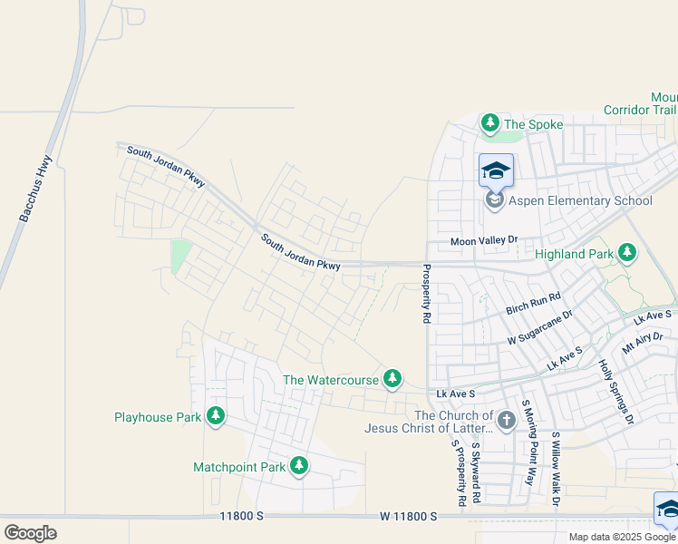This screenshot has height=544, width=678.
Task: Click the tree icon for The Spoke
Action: coord(490,122)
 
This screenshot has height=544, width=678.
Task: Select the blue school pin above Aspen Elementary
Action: coord(496,170)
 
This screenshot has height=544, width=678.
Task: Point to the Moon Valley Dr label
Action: coord(484,241)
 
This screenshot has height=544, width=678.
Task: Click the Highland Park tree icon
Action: coord(626,253)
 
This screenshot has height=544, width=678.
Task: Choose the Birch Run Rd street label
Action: coord(534,303)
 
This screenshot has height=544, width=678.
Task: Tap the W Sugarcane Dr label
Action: coord(540,327)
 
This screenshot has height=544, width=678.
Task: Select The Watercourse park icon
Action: coord(392,379)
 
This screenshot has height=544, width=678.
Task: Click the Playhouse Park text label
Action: coord(157,417)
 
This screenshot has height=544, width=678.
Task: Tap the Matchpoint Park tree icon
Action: coord(299,466)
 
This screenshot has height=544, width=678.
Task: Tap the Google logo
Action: coord(30,533)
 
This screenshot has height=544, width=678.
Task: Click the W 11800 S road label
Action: coord(408,516)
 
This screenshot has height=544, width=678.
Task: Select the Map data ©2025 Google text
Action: coord(623,537)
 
